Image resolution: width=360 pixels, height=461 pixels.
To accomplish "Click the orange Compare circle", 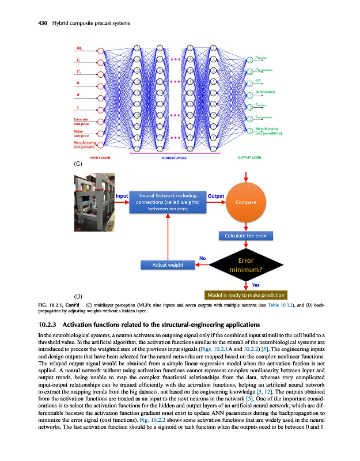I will pos(247,202).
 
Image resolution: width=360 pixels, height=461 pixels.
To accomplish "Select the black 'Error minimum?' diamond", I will pos(247,264).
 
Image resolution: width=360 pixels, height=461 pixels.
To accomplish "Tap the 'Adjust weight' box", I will pos(167,264).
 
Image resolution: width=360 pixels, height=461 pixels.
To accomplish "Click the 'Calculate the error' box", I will pos(247,235).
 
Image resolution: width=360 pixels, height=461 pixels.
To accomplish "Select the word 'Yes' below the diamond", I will pos(255,285).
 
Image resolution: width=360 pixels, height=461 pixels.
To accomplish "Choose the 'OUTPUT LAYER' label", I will pos(249,156).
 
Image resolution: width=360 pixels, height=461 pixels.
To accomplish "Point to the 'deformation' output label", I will pos(265,92).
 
